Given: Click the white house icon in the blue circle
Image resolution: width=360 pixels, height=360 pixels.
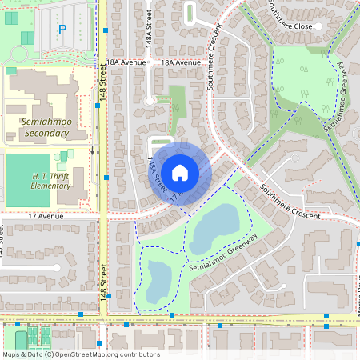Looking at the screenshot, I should click(181, 172).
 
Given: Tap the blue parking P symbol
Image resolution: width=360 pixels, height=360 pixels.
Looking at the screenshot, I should click(62, 30).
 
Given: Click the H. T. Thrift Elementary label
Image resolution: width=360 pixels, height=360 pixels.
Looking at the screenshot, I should click(51, 180).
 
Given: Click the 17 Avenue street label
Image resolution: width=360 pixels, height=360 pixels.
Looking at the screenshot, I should click(44, 216).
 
